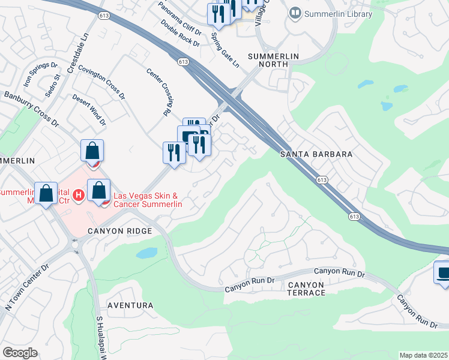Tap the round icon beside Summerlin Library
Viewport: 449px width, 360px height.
coord(295,13)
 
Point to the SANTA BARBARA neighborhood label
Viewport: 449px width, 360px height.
coord(316,154)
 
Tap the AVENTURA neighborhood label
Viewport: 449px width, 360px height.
coord(130,305)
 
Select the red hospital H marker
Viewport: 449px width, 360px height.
coord(77,195)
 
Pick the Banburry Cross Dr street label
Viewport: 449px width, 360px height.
coord(31,109)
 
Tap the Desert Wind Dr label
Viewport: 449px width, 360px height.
coord(89,110)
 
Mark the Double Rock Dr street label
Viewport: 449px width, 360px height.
coord(180,33)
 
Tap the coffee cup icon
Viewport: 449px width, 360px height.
coord(443,273)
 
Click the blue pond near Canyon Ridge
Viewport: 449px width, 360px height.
coord(146,253)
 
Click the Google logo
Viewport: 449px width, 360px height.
coord(20,352)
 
